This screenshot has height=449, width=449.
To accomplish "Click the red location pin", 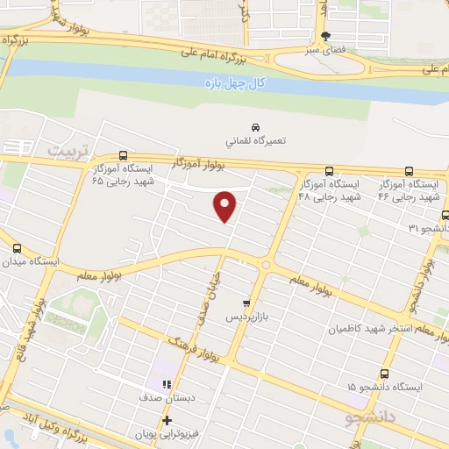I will (225, 205).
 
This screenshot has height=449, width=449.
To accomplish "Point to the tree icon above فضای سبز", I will (326, 36).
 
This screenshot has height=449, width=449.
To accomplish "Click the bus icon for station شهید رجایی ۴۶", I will (409, 172).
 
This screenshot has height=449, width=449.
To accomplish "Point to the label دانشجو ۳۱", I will (428, 227).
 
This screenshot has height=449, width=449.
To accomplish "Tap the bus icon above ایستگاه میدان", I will (15, 247).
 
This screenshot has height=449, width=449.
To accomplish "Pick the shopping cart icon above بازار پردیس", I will (246, 301).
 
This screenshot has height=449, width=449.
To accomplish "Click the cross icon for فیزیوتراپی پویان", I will (166, 421).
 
